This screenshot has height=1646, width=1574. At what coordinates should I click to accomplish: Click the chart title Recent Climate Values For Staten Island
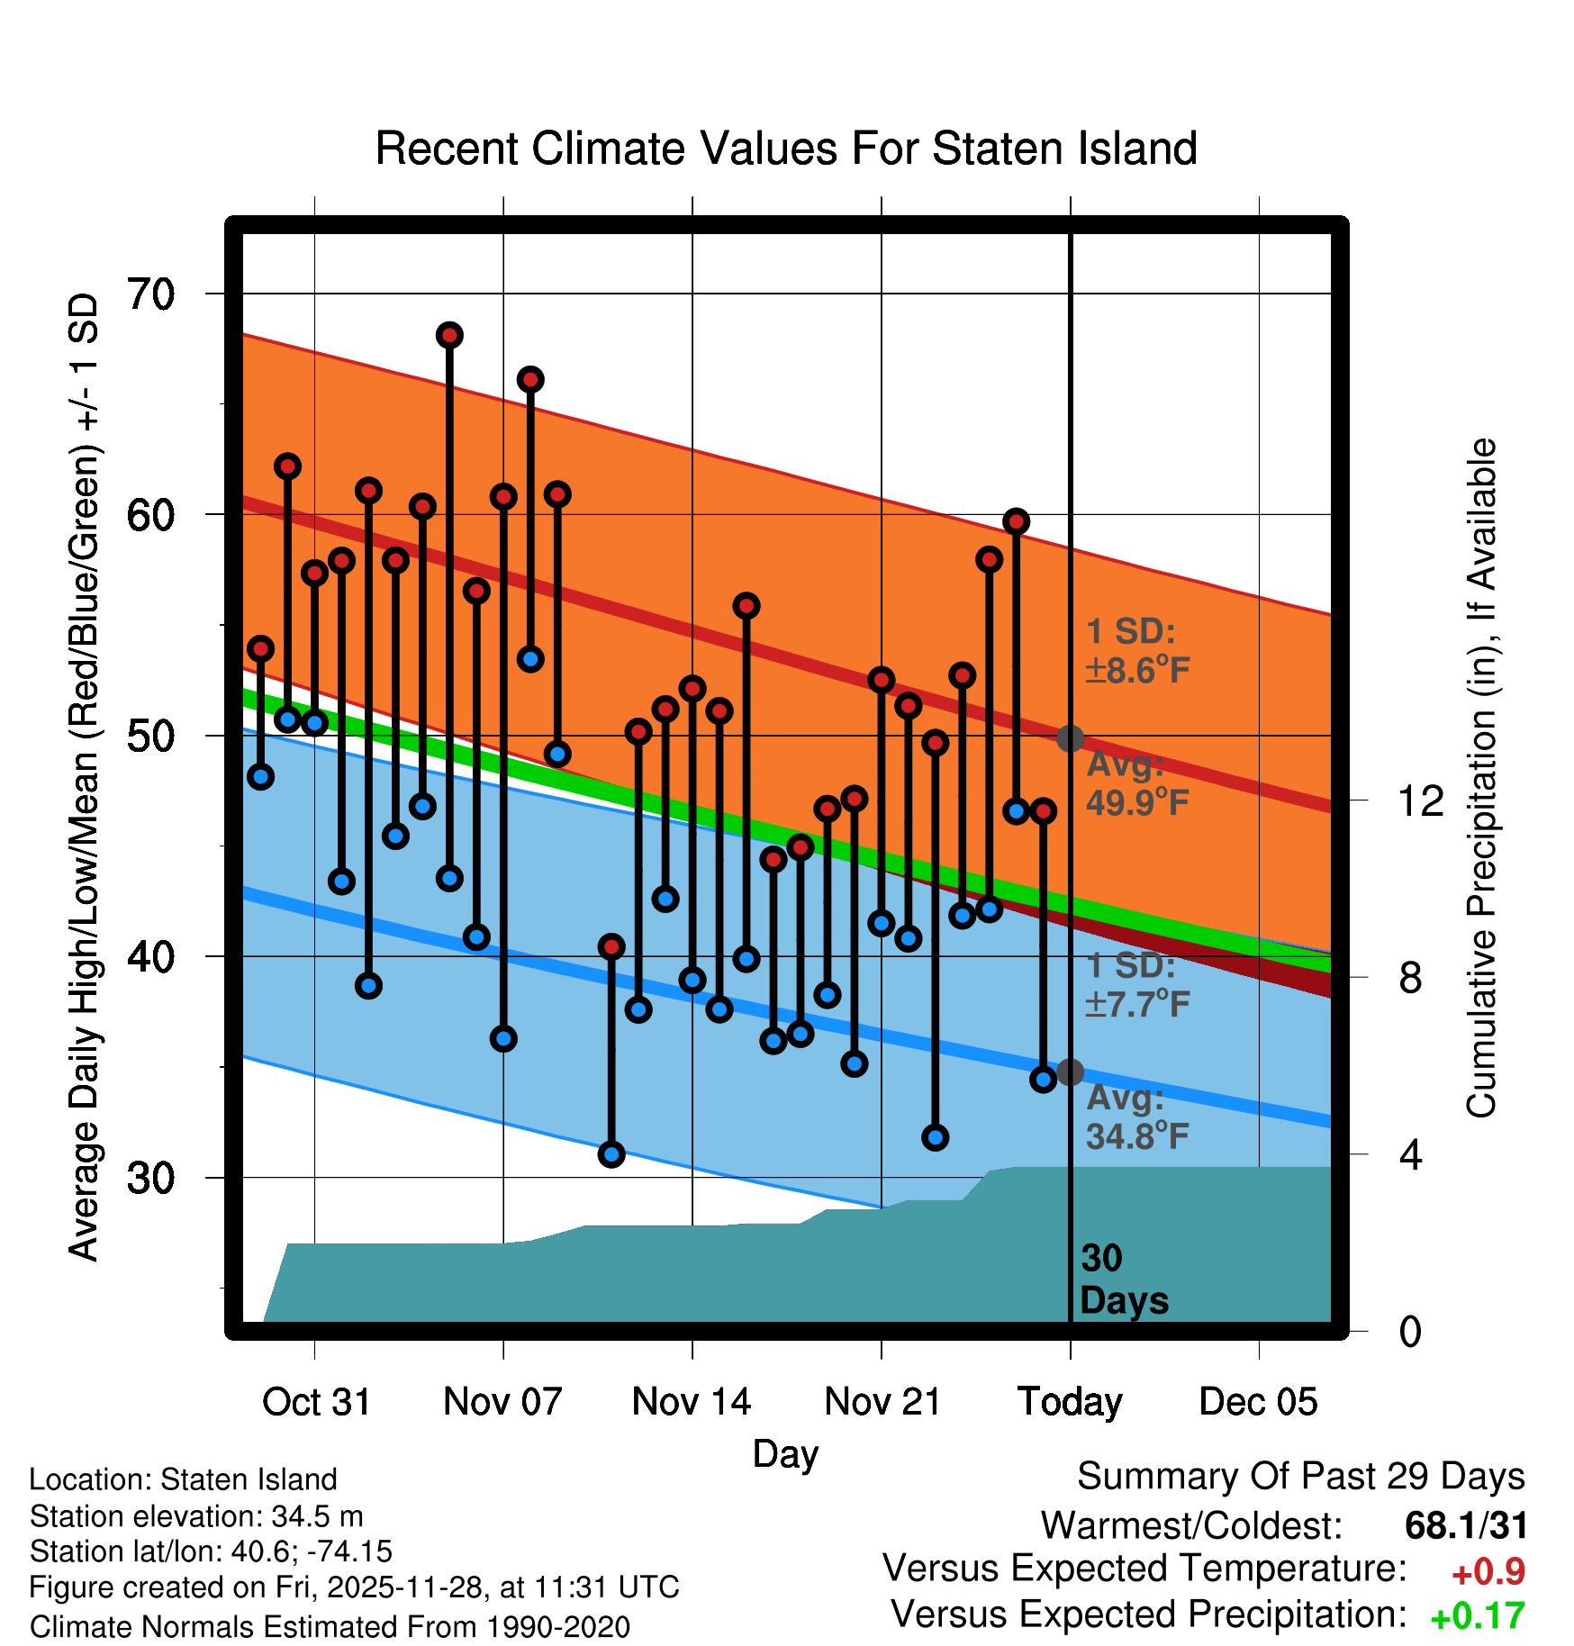pos(786,149)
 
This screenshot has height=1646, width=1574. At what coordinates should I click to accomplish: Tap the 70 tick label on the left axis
pos(150,294)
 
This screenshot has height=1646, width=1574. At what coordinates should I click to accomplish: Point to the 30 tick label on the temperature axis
pos(150,1178)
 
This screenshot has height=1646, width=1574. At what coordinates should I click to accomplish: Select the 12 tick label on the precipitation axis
pos(1420,800)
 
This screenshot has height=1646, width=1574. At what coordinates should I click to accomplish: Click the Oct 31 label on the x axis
pos(316,1402)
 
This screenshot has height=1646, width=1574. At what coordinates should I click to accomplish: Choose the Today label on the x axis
pos(1070,1402)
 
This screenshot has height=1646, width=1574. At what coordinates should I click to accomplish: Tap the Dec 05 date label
pos(1258,1402)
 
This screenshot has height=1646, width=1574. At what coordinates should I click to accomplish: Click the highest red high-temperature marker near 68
pos(449,335)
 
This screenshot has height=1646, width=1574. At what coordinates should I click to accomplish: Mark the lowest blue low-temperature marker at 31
pos(611,1154)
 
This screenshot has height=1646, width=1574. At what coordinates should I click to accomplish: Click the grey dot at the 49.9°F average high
pos(1070,738)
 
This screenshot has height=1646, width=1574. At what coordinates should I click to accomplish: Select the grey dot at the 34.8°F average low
pos(1070,1072)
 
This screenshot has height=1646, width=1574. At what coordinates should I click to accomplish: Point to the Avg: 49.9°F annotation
pos(1137,782)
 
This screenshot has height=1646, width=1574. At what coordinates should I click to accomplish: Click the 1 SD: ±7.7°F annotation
pos(1137,984)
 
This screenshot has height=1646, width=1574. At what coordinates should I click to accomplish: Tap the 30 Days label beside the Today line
pos(1123,1280)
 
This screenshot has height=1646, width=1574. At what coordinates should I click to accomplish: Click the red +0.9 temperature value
pos(1488,1572)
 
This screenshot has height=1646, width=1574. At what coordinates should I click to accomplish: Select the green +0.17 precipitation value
pos(1477,1616)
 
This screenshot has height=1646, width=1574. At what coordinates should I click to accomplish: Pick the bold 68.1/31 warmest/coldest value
pos(1466,1525)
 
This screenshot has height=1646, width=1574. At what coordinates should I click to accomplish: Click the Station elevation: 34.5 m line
pos(196,1516)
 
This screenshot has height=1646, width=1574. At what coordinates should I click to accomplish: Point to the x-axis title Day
pos(785,1454)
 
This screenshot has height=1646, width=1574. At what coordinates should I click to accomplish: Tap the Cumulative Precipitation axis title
pos(1481,778)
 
